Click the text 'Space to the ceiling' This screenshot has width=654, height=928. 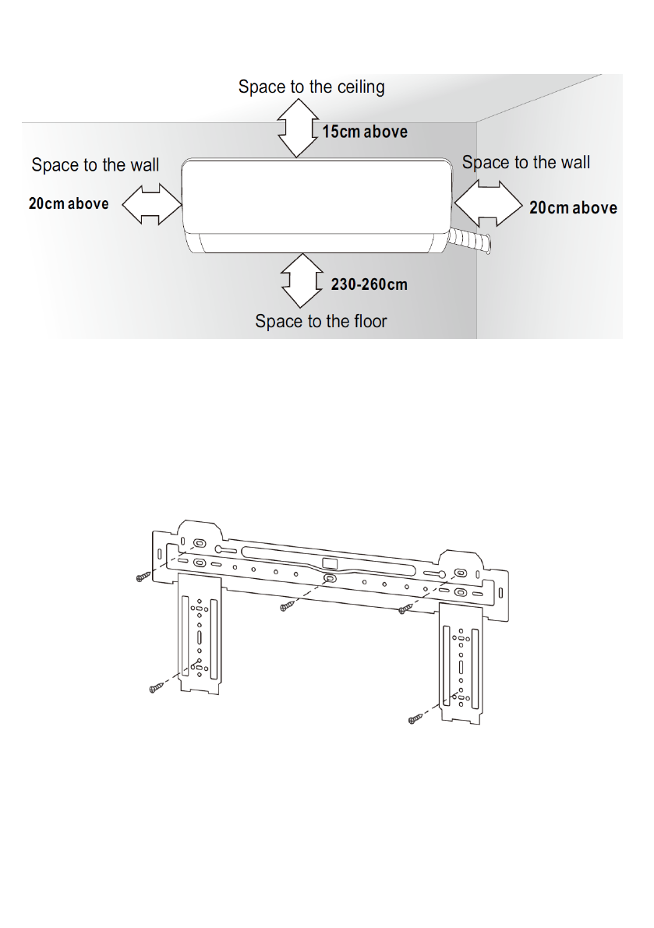tap(311, 86)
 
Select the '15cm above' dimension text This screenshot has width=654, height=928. tap(365, 132)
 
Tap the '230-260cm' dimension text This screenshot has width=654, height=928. tap(369, 284)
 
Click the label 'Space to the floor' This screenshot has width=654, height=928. tap(320, 321)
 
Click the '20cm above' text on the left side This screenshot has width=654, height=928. tap(69, 204)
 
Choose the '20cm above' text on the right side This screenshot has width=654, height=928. tap(573, 208)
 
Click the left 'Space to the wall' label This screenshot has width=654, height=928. tap(95, 165)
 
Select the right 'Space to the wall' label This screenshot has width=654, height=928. tap(526, 163)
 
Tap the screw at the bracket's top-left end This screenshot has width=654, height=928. tap(142, 576)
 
